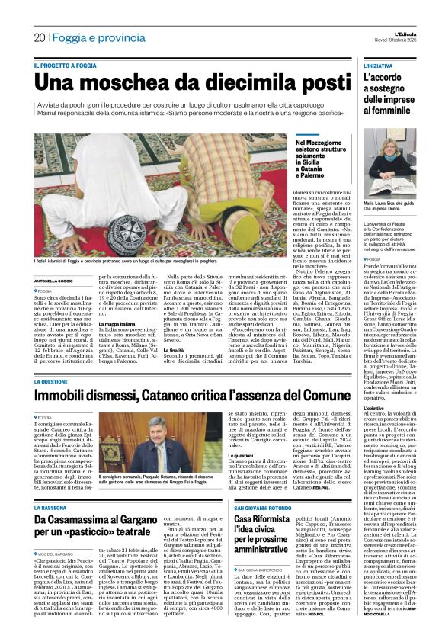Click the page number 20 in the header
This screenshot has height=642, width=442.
click(x=39, y=37)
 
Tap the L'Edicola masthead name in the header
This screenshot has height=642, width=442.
click(x=397, y=33)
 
